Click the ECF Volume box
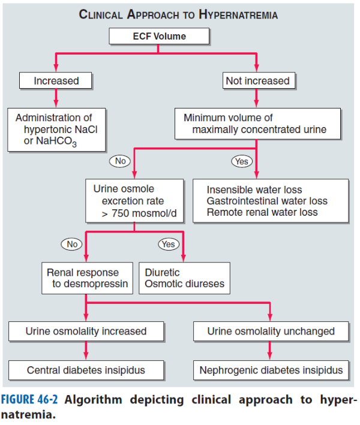pos(159,36)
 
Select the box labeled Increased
pos(56,80)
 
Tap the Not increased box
pos(259,80)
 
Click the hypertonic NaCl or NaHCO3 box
pos(56,129)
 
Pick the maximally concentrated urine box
pos(258,124)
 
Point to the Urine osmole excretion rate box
pos(134,201)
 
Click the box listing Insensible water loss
pos(271,201)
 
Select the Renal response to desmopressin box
pos(88,278)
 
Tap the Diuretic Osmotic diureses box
pos(184,278)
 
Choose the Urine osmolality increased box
pos(86,331)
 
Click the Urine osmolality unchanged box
pos(271,331)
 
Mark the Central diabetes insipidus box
pos(86,370)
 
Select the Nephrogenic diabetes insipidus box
pos(271,370)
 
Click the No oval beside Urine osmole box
pos(120,161)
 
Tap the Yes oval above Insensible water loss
pos(242,161)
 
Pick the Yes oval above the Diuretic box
pos(169,244)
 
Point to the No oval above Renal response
pos(71,244)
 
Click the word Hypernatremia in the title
pos(238,14)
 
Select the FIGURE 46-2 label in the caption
pos(29,399)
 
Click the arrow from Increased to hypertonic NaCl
pos(56,98)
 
